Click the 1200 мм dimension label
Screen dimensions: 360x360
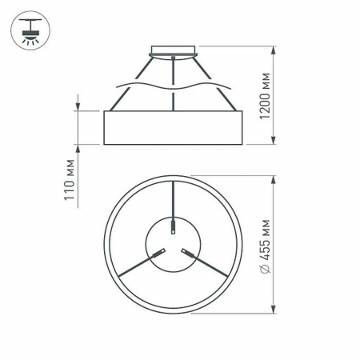[266, 96]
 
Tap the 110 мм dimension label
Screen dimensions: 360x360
[70, 180]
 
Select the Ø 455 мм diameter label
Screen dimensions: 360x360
[266, 247]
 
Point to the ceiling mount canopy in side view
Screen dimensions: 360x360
[174, 51]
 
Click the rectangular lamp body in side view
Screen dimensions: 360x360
[173, 128]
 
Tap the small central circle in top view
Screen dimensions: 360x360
[173, 244]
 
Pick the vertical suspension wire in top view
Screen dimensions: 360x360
[174, 200]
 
